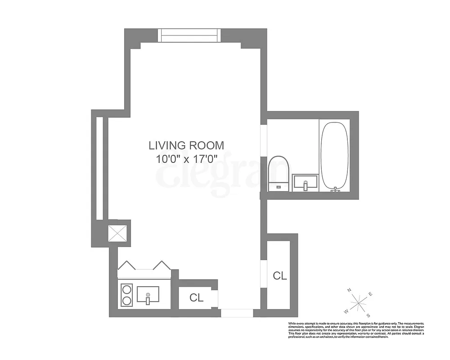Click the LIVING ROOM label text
pos(186,145)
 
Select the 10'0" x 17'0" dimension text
pos(186,158)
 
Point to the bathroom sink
pos(305,182)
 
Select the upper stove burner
pos(127,288)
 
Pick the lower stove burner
pos(127,300)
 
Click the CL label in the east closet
pos(280,276)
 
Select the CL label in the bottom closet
pos(196,297)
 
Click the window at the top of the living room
pos(189,35)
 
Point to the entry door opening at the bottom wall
pos(237,313)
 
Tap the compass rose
pos(358,302)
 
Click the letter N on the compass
pos(350,291)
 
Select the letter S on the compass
pos(368,315)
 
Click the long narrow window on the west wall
pos(99,168)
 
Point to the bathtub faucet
pos(335,190)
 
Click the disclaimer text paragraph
pos(356,330)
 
